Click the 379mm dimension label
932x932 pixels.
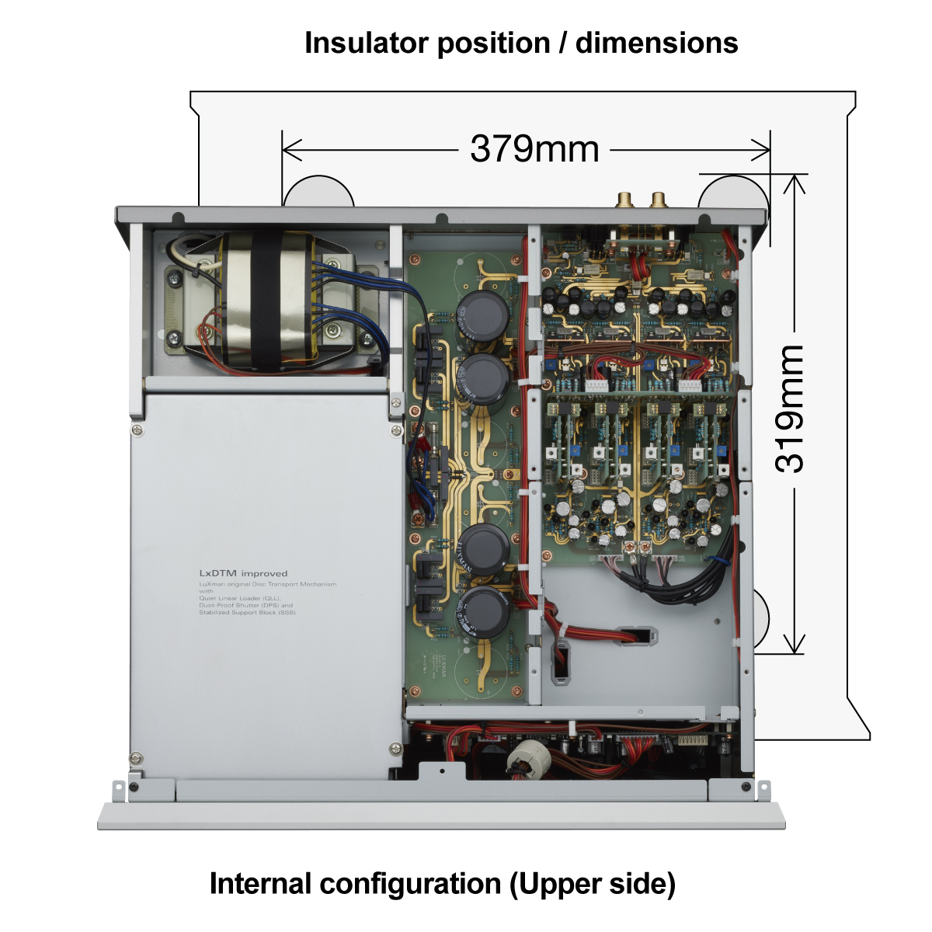534,148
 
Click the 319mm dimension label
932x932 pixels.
791,409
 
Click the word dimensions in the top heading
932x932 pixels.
656,43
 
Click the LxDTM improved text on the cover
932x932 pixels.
243,573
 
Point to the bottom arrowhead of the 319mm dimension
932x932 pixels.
794,646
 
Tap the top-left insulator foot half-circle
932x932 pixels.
318,191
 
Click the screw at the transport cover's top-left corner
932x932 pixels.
137,429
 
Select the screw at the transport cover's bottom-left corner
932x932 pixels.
137,758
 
